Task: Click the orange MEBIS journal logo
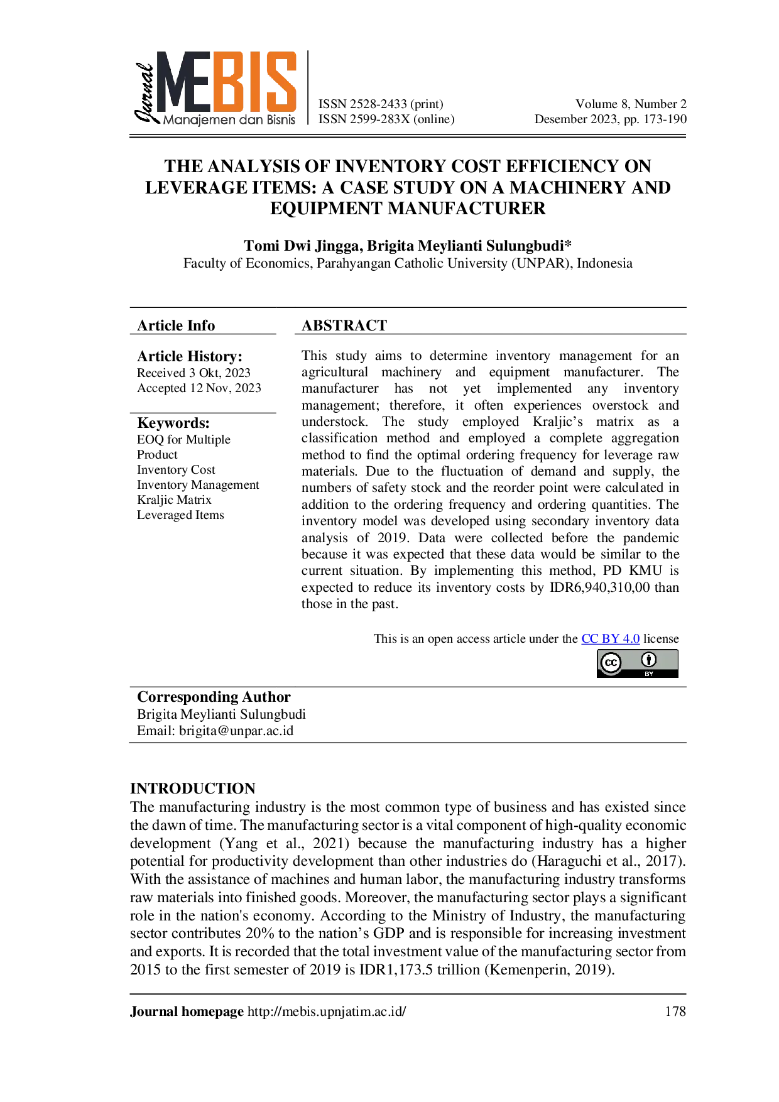pyautogui.click(x=215, y=89)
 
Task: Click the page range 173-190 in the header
pyautogui.click(x=664, y=119)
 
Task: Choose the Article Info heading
pyautogui.click(x=176, y=325)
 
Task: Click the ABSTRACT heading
pyautogui.click(x=344, y=325)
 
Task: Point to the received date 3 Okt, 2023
pyautogui.click(x=220, y=373)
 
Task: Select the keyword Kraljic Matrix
pyautogui.click(x=174, y=500)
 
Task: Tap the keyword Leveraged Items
pyautogui.click(x=180, y=515)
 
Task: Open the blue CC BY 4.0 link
pyautogui.click(x=611, y=639)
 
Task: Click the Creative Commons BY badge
pyautogui.click(x=638, y=663)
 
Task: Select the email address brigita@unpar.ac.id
pyautogui.click(x=236, y=731)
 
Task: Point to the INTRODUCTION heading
pyautogui.click(x=193, y=788)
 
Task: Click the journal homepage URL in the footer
pyautogui.click(x=327, y=1012)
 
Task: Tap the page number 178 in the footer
pyautogui.click(x=675, y=1012)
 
